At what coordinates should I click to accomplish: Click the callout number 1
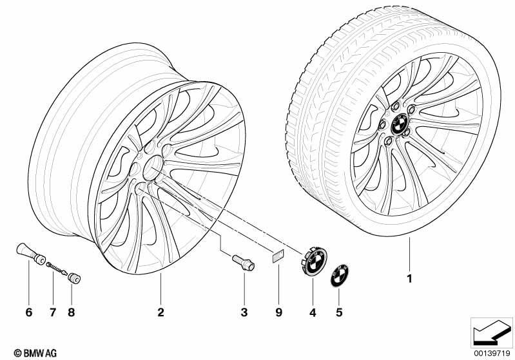(409, 279)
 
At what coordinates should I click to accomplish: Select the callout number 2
(160, 312)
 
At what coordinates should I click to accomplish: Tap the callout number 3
(244, 312)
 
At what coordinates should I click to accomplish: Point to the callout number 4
(313, 313)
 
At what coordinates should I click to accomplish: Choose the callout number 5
(339, 312)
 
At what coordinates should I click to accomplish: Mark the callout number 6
(29, 312)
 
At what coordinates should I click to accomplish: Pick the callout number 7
(53, 312)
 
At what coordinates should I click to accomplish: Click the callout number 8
(72, 312)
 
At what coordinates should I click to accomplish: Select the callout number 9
(278, 312)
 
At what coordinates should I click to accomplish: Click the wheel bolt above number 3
(244, 263)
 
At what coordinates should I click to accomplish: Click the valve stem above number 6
(31, 253)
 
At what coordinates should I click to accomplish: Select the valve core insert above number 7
(57, 269)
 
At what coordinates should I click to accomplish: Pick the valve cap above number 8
(74, 278)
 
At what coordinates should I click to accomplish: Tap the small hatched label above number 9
(278, 256)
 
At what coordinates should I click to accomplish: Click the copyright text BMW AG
(35, 353)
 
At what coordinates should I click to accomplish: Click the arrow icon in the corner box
(492, 333)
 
